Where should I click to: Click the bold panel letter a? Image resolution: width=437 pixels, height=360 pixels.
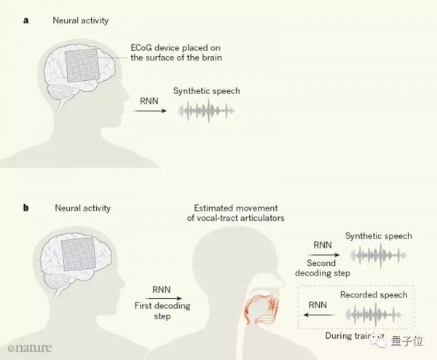coord(26,20)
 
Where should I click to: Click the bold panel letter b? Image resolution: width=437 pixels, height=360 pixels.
coord(26,208)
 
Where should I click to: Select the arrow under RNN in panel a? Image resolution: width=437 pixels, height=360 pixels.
coord(149,110)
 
